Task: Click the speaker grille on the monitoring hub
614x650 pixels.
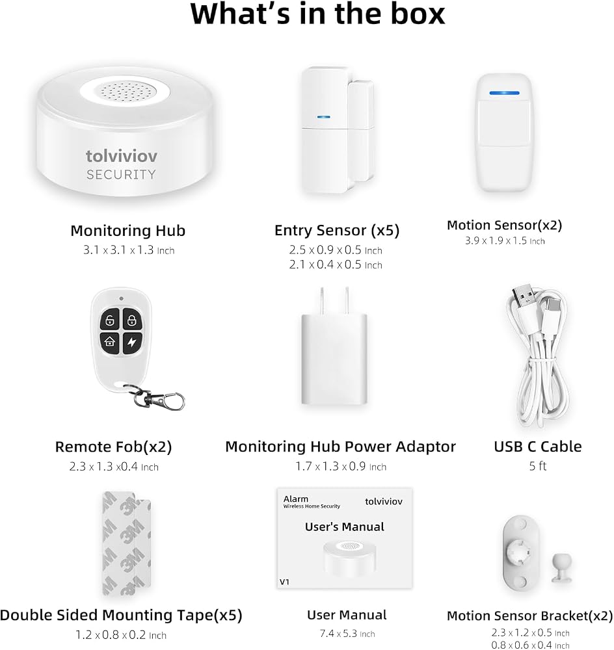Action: pyautogui.click(x=126, y=92)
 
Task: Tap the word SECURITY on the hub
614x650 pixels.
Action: pyautogui.click(x=121, y=174)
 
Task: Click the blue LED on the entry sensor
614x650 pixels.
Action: pyautogui.click(x=324, y=117)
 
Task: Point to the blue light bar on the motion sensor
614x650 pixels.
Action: pyautogui.click(x=504, y=93)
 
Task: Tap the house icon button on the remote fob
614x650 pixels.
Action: pyautogui.click(x=110, y=342)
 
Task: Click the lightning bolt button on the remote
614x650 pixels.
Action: pyautogui.click(x=132, y=343)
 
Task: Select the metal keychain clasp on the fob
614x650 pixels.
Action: pyautogui.click(x=160, y=398)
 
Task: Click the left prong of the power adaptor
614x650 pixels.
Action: pyautogui.click(x=322, y=301)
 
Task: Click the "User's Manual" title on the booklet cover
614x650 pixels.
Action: pyautogui.click(x=344, y=527)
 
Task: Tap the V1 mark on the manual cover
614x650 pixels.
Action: pyautogui.click(x=284, y=582)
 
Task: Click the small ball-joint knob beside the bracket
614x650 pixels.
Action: pyautogui.click(x=562, y=568)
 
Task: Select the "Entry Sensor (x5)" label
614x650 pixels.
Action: pyautogui.click(x=337, y=231)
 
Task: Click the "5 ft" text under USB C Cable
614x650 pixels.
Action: pyautogui.click(x=538, y=466)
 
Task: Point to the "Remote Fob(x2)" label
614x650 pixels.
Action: pyautogui.click(x=113, y=447)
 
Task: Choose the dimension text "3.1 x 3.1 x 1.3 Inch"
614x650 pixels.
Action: pyautogui.click(x=129, y=250)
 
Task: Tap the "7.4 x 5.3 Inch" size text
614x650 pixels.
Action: pyautogui.click(x=347, y=633)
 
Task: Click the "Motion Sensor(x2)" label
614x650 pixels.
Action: pyautogui.click(x=505, y=225)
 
